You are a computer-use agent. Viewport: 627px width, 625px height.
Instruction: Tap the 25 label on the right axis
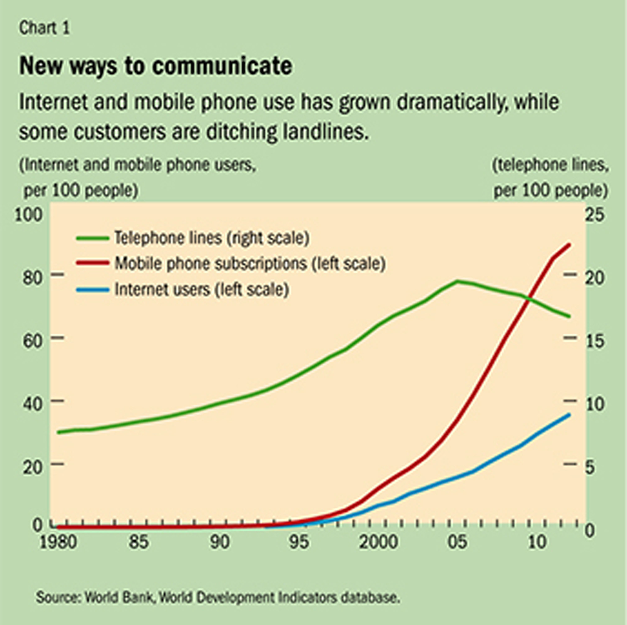coord(595,215)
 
